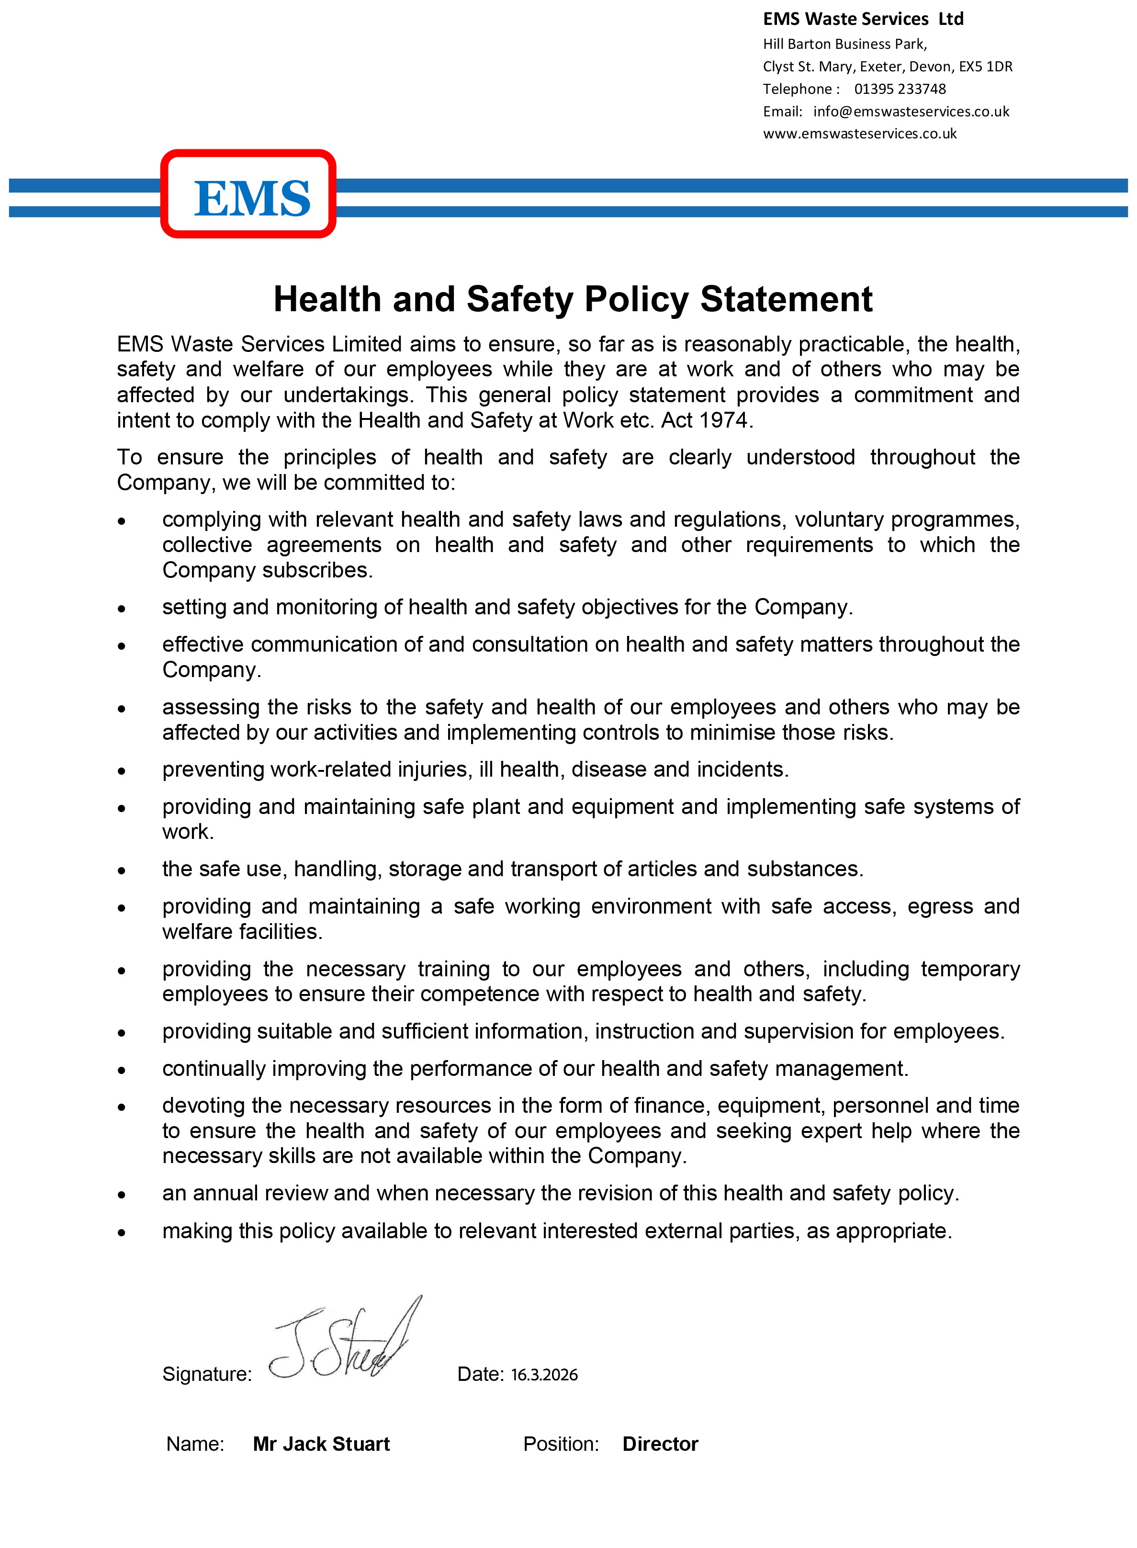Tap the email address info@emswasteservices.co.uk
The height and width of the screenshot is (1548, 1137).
click(911, 112)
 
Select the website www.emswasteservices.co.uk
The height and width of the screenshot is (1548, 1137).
click(860, 134)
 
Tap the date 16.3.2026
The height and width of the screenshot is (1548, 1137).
click(544, 1375)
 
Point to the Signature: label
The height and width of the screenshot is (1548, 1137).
click(206, 1375)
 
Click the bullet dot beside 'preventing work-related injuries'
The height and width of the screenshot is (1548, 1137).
click(122, 771)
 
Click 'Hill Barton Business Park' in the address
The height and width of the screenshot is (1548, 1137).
click(844, 44)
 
